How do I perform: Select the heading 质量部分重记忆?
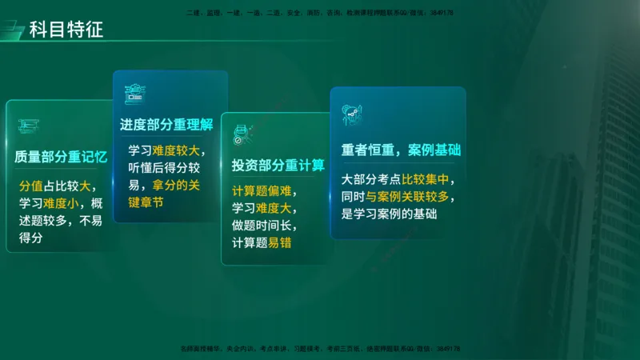pos(61,157)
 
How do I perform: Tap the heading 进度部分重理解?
pos(166,125)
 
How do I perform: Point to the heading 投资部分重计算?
pos(278,166)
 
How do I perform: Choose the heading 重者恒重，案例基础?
pos(401,150)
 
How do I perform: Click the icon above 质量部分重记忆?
pos(30,125)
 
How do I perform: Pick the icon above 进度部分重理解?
pos(134,94)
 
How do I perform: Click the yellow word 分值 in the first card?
pos(30,186)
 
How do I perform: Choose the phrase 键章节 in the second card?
pos(146,202)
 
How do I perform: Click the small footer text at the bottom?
pos(320,349)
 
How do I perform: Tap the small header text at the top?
pos(320,13)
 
